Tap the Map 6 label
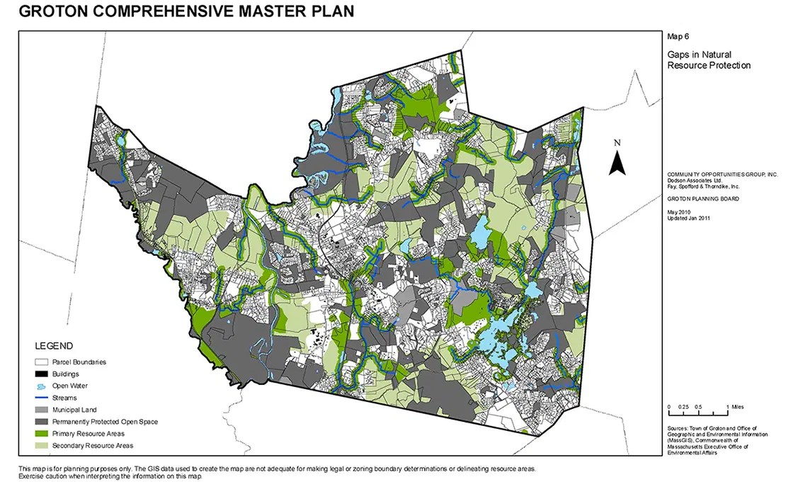pos(678,35)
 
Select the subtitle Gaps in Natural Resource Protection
pos(708,60)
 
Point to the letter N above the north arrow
pos(617,142)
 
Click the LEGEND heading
pos(54,346)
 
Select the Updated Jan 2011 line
pos(688,218)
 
